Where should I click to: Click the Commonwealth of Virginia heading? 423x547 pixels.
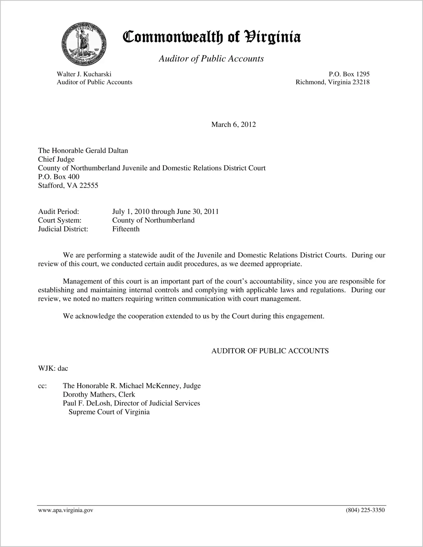(212, 37)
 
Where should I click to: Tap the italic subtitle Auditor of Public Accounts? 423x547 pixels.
(211, 59)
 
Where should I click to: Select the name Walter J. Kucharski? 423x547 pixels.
(84, 74)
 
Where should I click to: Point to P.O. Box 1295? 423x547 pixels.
(349, 74)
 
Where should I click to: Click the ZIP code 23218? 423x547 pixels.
(361, 82)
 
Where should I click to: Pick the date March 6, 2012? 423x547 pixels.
(233, 125)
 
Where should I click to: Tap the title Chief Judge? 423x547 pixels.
(56, 159)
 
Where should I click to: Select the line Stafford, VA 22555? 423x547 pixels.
(68, 186)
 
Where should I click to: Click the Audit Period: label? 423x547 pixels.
(58, 212)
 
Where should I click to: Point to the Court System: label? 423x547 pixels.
(60, 220)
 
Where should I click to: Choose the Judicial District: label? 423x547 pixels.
(63, 229)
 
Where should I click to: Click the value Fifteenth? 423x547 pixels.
(126, 229)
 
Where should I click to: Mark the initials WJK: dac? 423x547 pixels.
(53, 369)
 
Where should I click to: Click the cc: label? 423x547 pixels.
(42, 386)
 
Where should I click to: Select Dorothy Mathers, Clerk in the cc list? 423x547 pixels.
(99, 395)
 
